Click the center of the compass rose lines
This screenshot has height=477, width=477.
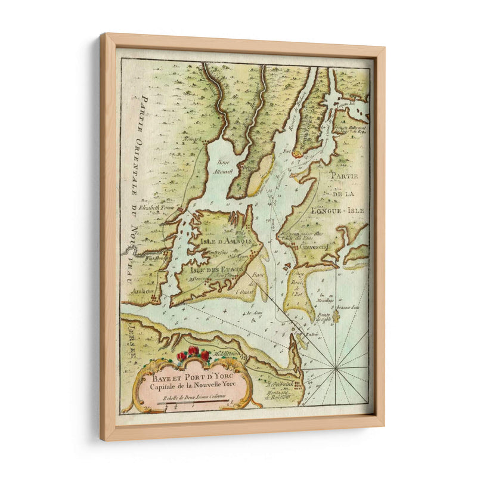(x=336, y=370)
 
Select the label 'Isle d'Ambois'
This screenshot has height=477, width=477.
(x=220, y=241)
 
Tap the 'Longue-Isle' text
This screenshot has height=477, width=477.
(x=340, y=210)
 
